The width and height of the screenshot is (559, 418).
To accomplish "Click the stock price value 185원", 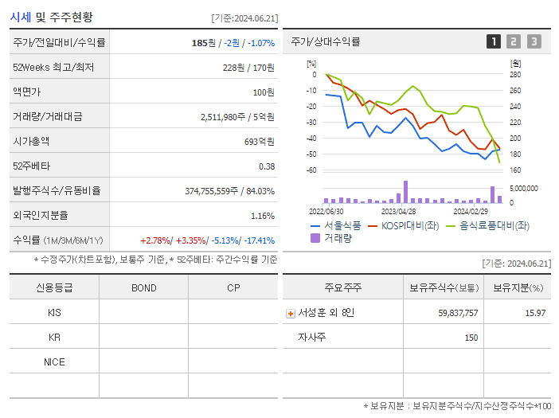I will coord(204,42).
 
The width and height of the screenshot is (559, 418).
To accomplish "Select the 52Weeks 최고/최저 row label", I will coord(53,68).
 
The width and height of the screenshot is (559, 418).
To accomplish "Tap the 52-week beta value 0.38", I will coord(267,166).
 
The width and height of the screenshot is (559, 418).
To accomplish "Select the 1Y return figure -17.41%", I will coord(259,240).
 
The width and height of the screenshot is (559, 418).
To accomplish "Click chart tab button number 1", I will coord(494,41).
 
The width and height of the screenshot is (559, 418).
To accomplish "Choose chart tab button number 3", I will coord(534,41).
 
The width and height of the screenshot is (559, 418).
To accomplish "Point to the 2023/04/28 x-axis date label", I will coord(399,211).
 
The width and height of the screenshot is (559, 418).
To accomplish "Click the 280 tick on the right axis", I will coord(515,75).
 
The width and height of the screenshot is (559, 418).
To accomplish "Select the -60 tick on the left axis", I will coord(311,170).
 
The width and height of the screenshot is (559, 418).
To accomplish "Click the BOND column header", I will coord(144,287).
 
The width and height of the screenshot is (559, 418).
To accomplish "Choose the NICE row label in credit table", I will coord(54,362).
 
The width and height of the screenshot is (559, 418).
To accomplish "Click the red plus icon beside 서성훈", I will coord(290,313).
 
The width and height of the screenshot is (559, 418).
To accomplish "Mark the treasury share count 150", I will coord(471,338).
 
